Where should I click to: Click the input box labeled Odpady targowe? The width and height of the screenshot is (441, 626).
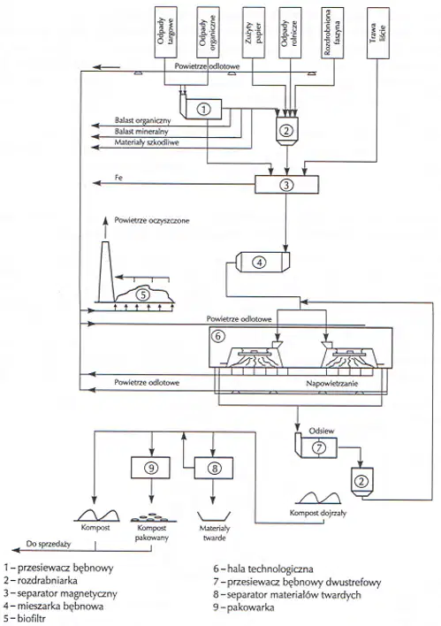click(x=165, y=33)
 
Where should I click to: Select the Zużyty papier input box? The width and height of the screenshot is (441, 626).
click(x=254, y=33)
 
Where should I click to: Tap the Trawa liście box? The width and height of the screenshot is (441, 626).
click(x=377, y=33)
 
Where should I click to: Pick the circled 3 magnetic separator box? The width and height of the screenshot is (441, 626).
click(x=286, y=185)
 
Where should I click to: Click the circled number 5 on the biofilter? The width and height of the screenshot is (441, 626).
click(x=142, y=295)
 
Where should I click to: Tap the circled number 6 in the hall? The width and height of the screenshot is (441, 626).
click(x=218, y=336)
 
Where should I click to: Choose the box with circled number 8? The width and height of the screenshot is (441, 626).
click(x=215, y=468)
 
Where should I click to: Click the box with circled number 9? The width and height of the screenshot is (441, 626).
click(x=150, y=468)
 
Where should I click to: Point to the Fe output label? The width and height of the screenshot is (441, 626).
click(x=118, y=178)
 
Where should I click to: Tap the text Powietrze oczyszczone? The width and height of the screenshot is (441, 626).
click(x=152, y=220)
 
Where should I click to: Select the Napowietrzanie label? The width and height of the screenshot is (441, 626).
click(x=332, y=384)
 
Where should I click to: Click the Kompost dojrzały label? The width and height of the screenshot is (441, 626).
click(x=317, y=513)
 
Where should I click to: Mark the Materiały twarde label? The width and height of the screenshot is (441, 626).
click(x=215, y=533)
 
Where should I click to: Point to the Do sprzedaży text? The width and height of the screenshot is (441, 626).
click(x=49, y=544)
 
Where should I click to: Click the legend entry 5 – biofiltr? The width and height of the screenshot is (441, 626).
click(x=25, y=619)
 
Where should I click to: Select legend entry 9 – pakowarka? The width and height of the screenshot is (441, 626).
click(x=243, y=607)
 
